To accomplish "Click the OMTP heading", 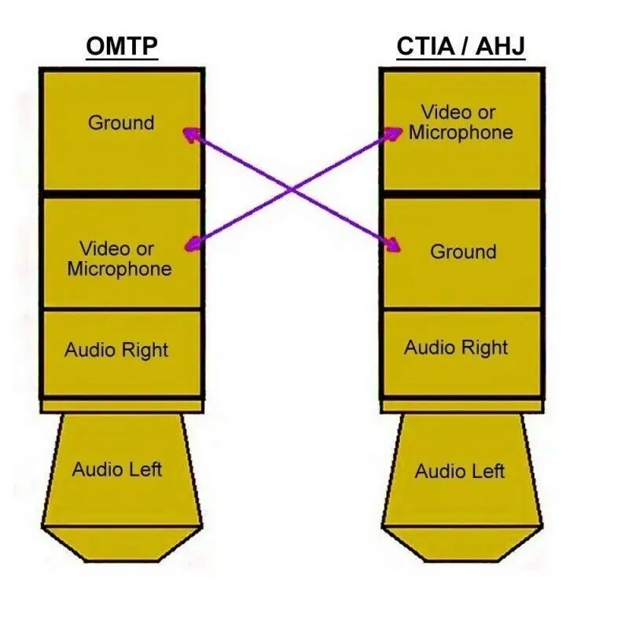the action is point(122,46).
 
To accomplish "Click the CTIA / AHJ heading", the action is point(461,46).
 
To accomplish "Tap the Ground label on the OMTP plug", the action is point(121,123).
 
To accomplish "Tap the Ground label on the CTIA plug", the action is point(463,252).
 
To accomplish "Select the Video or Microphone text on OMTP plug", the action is point(120,259).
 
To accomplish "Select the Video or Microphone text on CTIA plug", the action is point(461,123).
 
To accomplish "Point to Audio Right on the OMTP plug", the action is point(116,350).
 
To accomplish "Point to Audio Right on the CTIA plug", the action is point(456,348).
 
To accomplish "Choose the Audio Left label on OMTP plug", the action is point(117,469).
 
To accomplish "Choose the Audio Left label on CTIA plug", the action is point(460,471).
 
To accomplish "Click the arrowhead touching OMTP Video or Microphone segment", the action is point(193,245).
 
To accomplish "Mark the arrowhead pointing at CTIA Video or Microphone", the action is point(394,133).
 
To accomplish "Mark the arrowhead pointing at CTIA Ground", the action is point(393,245).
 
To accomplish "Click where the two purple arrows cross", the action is point(292,189).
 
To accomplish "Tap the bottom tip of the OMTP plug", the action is point(122,560).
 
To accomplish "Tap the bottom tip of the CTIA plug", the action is point(462,560).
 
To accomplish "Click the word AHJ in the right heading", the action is point(500,46).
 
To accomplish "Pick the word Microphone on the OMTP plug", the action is point(120,269).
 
